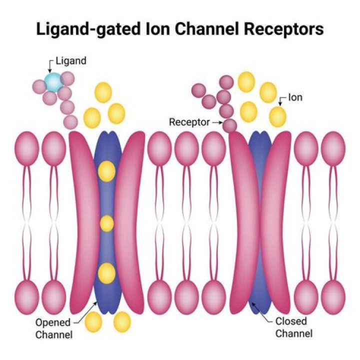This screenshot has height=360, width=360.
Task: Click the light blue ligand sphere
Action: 52,82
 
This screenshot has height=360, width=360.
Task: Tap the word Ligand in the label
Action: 71,61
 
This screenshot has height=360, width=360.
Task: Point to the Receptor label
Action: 189,121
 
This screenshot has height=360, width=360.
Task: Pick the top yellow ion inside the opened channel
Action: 107,171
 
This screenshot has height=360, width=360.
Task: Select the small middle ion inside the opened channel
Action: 107,223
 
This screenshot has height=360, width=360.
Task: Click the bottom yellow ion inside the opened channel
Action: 107,272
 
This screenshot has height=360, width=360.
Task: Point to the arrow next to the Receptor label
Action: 218,121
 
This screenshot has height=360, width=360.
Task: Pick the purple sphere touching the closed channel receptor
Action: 229,125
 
